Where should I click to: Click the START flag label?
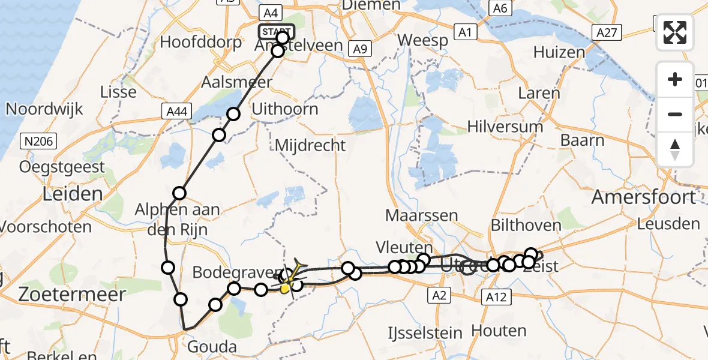[275, 31]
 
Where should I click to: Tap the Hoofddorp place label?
[201, 43]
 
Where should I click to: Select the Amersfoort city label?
[644, 197]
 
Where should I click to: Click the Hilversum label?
[505, 127]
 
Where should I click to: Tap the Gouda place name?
[212, 347]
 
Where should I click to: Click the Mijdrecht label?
[310, 145]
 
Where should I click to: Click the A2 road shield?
[439, 294]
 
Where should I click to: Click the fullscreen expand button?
[675, 32]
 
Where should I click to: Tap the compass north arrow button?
[675, 149]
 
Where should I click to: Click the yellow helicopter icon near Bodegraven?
[290, 278]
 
